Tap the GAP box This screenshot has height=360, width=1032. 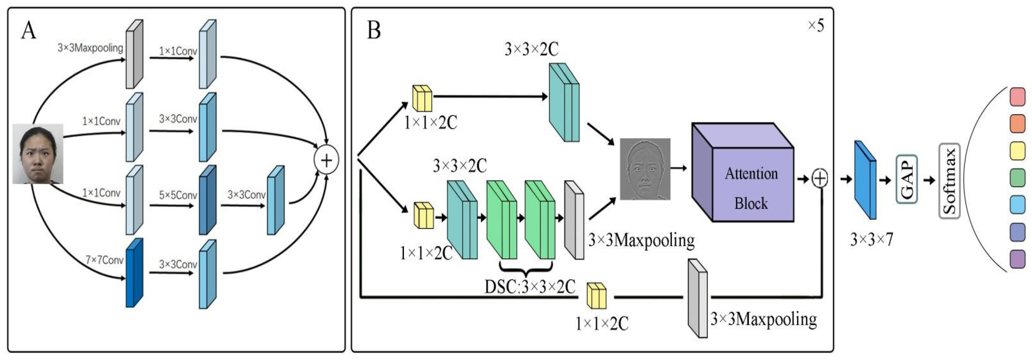click(x=906, y=179)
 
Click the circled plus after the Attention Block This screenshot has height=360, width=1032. click(x=820, y=178)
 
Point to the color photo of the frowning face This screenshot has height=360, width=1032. click(x=38, y=154)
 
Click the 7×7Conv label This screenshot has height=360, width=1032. click(x=104, y=260)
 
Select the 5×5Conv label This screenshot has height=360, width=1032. click(x=178, y=195)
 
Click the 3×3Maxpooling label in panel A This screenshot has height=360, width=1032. click(x=90, y=48)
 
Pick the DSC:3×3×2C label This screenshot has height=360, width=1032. click(x=530, y=287)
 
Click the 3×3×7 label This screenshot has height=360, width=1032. click(x=871, y=240)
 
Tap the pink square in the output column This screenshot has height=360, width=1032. click(x=1017, y=97)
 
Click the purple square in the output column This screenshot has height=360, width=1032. click(x=1017, y=259)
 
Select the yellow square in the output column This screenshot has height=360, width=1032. click(x=1017, y=151)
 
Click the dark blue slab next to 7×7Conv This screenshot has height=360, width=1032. click(x=134, y=273)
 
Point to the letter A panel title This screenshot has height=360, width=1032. click(x=28, y=30)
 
